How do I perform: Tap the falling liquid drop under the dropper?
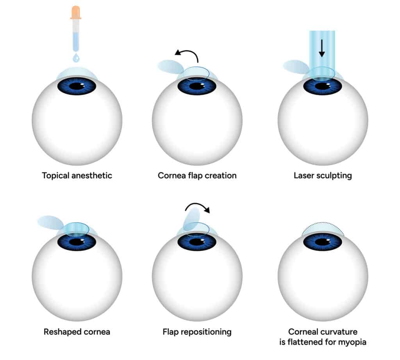pyautogui.click(x=76, y=58)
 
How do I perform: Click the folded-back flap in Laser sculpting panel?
pyautogui.click(x=295, y=66)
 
